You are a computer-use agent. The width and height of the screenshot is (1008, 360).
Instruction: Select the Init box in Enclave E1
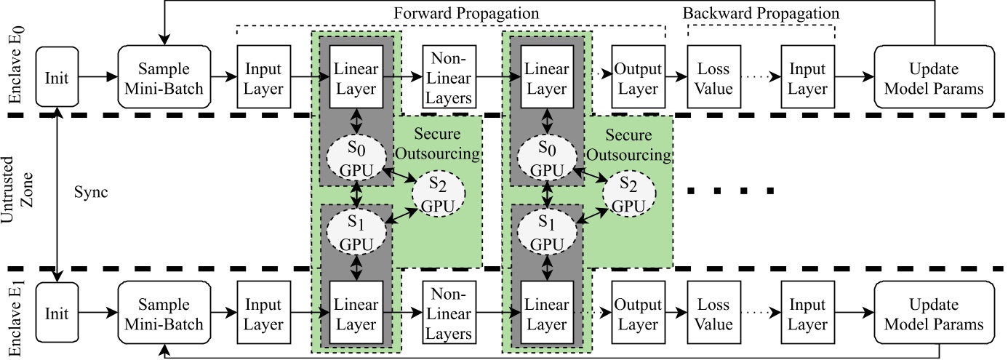coord(56,314)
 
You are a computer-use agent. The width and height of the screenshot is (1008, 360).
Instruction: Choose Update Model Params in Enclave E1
coord(935,314)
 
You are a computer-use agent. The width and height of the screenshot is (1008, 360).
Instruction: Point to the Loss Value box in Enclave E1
coord(713,314)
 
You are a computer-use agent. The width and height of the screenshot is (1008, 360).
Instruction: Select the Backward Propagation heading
coord(761,14)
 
